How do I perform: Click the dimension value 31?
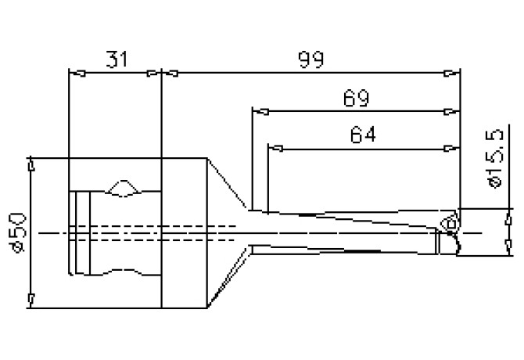[x=114, y=59]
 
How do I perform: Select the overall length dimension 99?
[x=308, y=59]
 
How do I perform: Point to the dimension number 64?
[x=362, y=135]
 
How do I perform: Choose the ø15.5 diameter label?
[x=493, y=160]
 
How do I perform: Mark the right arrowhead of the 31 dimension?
[x=155, y=74]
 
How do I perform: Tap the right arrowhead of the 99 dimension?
[x=453, y=74]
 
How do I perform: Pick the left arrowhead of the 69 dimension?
[x=256, y=111]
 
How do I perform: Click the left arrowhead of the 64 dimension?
[x=272, y=148]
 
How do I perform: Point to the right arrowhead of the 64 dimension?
[x=450, y=148]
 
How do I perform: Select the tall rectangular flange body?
[x=185, y=232]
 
